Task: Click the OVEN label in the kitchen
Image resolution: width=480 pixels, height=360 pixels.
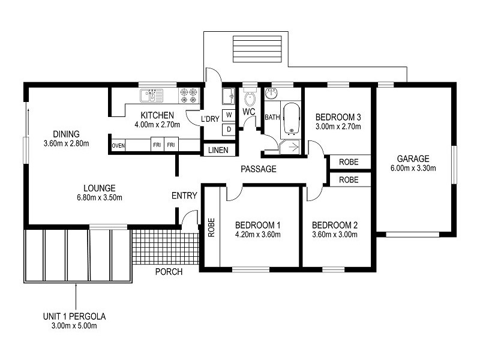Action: (x=118, y=145)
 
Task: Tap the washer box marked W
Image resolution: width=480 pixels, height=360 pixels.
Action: (x=229, y=115)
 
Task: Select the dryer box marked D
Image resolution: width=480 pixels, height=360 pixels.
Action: (x=229, y=129)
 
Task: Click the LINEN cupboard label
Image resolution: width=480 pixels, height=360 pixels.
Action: (x=218, y=150)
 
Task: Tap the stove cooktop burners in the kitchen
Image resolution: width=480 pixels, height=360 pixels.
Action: (x=188, y=95)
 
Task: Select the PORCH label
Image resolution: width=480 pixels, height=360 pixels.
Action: (x=169, y=272)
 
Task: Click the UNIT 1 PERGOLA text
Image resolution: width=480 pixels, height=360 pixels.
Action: (x=76, y=316)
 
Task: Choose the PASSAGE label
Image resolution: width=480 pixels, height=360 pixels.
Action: (x=258, y=169)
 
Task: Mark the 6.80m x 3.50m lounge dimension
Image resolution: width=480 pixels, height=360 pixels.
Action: (x=100, y=197)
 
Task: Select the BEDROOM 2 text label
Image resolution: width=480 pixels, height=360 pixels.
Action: (x=335, y=225)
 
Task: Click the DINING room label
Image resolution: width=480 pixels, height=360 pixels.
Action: (x=66, y=133)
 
